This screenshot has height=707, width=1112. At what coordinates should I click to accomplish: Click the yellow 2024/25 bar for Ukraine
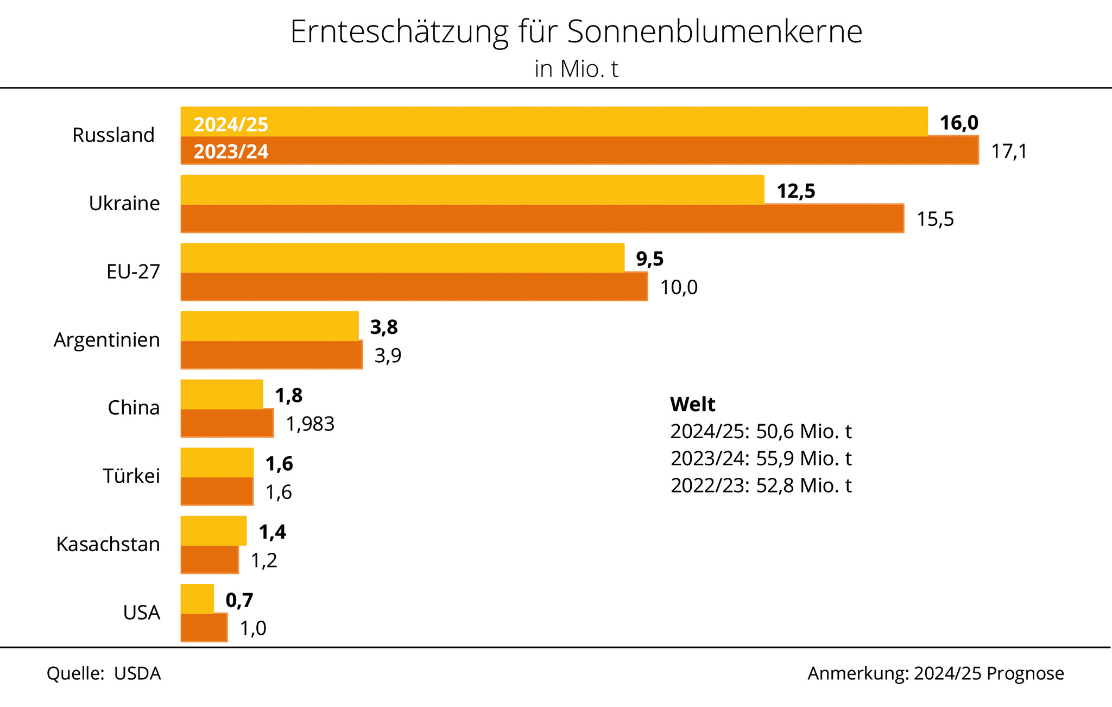[x=472, y=190]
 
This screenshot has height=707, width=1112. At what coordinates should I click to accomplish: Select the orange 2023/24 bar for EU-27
[x=414, y=287]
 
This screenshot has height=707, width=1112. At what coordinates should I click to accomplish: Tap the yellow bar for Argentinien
[x=269, y=326]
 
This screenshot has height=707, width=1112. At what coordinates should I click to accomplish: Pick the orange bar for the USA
[x=204, y=628]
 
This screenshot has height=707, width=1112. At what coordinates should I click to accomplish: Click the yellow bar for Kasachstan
[x=213, y=531]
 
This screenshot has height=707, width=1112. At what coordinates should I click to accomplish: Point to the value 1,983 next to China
[x=310, y=424]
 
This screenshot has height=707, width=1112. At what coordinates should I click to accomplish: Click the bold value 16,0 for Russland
[x=959, y=123]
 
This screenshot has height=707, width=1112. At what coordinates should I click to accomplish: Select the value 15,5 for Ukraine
[x=935, y=219]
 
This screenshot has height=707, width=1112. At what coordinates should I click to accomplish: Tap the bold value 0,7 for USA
[x=239, y=600]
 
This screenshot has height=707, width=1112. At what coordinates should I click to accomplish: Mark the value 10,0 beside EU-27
[x=679, y=287]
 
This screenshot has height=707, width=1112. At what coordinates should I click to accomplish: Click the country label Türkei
[x=131, y=476]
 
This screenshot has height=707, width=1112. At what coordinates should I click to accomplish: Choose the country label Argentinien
[x=107, y=340]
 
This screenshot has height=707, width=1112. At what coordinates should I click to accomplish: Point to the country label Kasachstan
[x=108, y=544]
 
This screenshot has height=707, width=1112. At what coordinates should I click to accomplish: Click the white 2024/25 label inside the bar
[x=231, y=125]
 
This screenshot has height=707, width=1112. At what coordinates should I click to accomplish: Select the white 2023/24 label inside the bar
[x=231, y=151]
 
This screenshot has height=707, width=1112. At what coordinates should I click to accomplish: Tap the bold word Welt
[x=692, y=405]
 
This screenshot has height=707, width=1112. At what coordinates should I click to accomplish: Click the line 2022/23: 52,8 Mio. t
[x=761, y=485]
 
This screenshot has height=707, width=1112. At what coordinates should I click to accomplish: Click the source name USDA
[x=137, y=673]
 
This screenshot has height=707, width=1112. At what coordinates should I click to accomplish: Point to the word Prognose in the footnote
[x=1025, y=673]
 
